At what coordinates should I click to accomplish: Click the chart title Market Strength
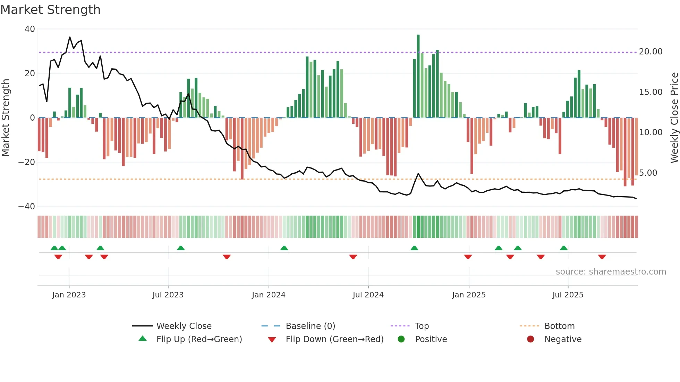pyautogui.click(x=50, y=10)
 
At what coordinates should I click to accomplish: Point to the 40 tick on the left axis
pyautogui.click(x=30, y=29)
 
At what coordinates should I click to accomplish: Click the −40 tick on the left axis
pyautogui.click(x=27, y=207)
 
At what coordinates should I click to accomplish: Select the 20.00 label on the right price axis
pyautogui.click(x=651, y=52)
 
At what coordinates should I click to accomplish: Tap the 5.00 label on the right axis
pyautogui.click(x=648, y=173)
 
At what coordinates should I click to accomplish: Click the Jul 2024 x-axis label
pyautogui.click(x=368, y=295)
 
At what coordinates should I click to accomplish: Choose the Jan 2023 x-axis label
pyautogui.click(x=69, y=295)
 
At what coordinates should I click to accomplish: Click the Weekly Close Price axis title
pyautogui.click(x=674, y=118)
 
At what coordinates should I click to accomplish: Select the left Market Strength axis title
pyautogui.click(x=6, y=118)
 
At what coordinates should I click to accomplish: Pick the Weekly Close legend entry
pyautogui.click(x=184, y=326)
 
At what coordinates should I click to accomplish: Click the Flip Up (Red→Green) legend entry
pyautogui.click(x=199, y=339)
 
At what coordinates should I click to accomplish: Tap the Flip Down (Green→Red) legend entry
pyautogui.click(x=334, y=339)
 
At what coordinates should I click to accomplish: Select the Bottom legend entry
pyautogui.click(x=559, y=326)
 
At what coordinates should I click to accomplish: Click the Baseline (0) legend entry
pyautogui.click(x=310, y=326)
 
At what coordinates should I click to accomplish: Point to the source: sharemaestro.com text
pyautogui.click(x=611, y=272)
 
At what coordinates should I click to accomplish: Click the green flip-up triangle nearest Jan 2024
pyautogui.click(x=284, y=248)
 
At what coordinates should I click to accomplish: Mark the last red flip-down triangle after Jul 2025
pyautogui.click(x=602, y=257)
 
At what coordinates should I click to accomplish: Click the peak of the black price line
pyautogui.click(x=70, y=37)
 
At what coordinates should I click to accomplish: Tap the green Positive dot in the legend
pyautogui.click(x=401, y=339)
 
